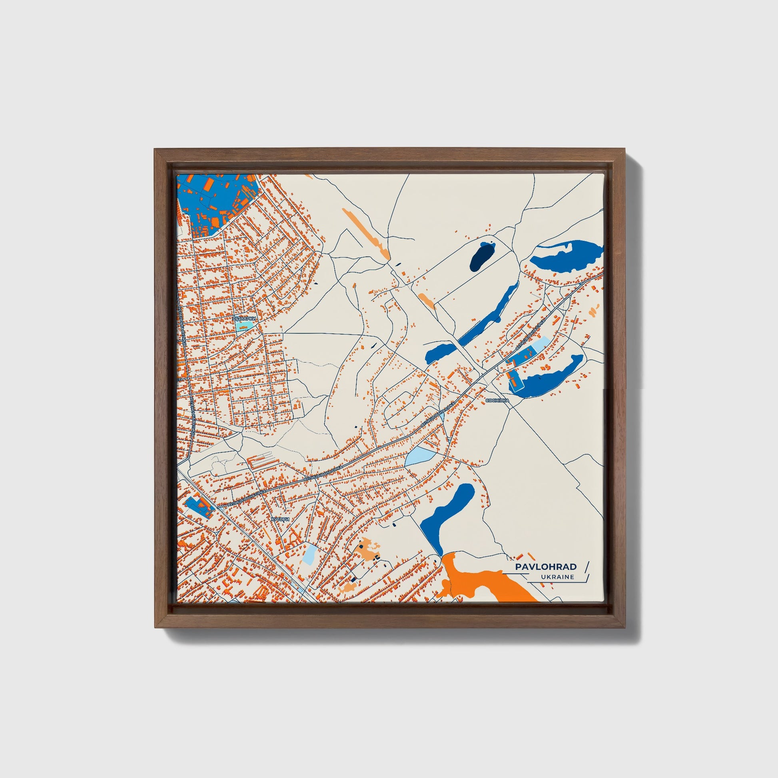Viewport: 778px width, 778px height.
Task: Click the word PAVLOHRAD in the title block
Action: (546, 567)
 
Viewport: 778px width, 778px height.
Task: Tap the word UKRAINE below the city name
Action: (558, 577)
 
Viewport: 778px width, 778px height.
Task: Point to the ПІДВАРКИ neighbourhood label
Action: (244, 318)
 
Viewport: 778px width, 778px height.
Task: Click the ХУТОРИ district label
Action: (280, 519)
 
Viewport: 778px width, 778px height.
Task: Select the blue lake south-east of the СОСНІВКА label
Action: (548, 377)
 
